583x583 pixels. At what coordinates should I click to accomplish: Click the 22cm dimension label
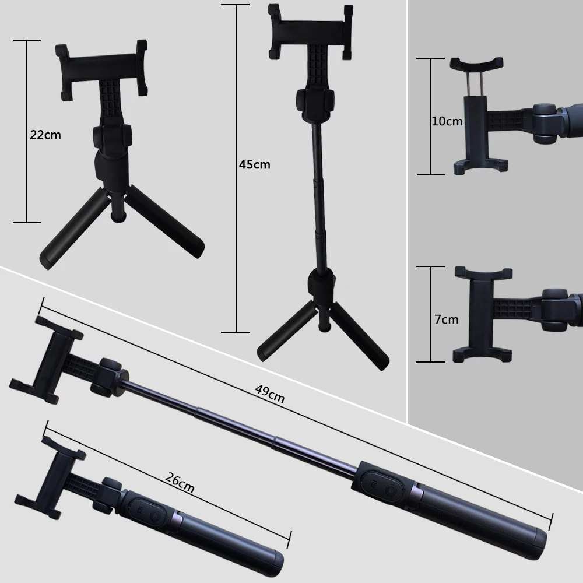(45, 135)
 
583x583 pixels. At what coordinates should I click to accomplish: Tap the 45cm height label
(254, 164)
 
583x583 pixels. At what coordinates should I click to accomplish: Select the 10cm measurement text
(447, 121)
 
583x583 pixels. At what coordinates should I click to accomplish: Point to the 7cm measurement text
(446, 319)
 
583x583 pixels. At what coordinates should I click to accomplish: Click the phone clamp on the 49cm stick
(48, 359)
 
